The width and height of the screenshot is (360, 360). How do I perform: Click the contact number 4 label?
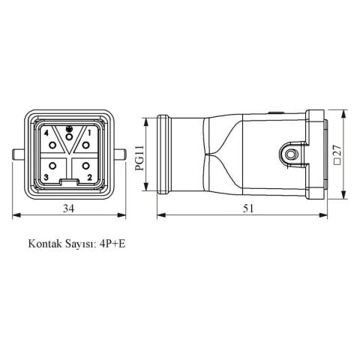pyautogui.click(x=47, y=133)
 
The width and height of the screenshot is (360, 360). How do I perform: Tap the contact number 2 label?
pyautogui.click(x=90, y=177)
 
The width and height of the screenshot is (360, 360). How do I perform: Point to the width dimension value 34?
pyautogui.click(x=68, y=208)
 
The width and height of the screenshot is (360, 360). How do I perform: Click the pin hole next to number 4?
pyautogui.click(x=53, y=143)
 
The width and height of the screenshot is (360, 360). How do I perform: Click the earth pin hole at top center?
pyautogui.click(x=68, y=136)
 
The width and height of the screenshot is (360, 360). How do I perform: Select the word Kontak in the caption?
pyautogui.click(x=44, y=244)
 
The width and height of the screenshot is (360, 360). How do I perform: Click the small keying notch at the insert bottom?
pyautogui.click(x=68, y=182)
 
